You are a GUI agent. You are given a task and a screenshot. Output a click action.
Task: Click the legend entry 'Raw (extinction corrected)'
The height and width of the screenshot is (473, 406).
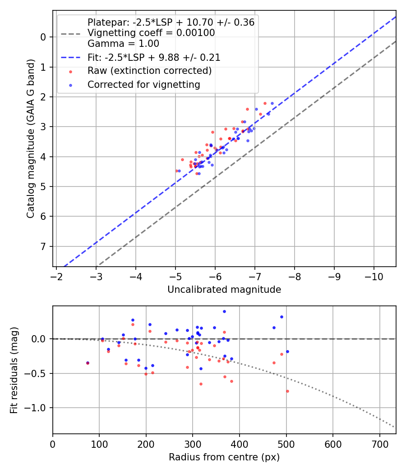[x=149, y=71]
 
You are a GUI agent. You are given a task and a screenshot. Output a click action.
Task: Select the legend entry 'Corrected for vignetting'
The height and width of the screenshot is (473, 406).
[x=143, y=84]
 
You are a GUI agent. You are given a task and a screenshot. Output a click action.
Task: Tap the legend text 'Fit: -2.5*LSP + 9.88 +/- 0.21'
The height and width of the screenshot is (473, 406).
[x=154, y=58]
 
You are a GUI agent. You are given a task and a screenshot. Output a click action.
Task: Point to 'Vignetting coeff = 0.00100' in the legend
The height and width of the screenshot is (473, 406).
[x=151, y=33]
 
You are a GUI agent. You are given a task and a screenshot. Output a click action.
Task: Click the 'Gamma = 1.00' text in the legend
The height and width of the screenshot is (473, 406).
[x=123, y=44]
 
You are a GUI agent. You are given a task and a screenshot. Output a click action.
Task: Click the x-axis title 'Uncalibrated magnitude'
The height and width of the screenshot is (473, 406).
[x=224, y=290]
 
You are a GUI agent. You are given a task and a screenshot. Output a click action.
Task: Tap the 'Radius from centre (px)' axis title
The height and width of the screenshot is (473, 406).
[x=224, y=457]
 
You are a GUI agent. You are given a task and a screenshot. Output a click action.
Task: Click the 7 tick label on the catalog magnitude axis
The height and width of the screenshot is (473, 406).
[x=44, y=246]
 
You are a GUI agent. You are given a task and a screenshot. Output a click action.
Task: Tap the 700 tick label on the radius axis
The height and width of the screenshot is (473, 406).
[x=379, y=443]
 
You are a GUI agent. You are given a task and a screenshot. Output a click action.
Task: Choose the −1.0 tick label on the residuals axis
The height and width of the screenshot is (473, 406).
[x=37, y=408]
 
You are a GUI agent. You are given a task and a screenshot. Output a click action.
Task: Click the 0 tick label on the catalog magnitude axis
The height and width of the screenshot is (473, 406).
[x=44, y=37]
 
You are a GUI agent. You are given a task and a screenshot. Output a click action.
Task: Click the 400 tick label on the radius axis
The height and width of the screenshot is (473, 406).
[x=240, y=443]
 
